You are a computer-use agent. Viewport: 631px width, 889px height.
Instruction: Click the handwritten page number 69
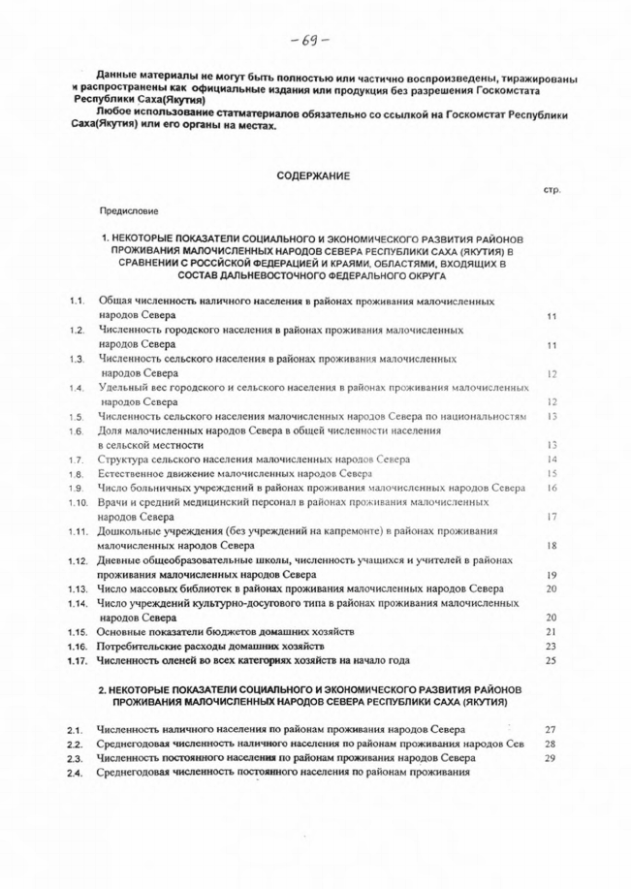click(315, 40)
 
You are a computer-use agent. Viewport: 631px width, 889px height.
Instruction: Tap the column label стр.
click(553, 191)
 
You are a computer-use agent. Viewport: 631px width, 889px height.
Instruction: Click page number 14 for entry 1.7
click(551, 459)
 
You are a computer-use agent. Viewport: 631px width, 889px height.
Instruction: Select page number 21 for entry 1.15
click(551, 632)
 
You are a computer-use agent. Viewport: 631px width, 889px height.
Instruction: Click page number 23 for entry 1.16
click(551, 647)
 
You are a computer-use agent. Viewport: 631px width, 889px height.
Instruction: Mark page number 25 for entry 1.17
click(551, 661)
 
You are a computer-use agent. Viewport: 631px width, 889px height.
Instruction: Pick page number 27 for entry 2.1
click(551, 728)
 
